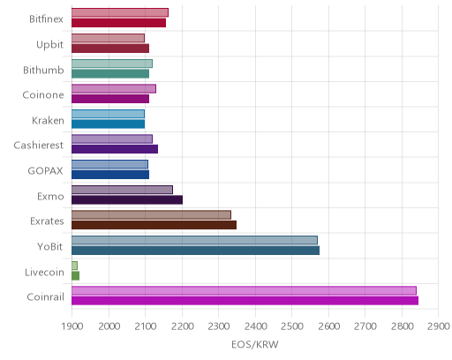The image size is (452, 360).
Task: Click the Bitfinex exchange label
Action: pyautogui.click(x=46, y=19)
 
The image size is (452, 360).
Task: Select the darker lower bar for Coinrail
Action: pyautogui.click(x=245, y=301)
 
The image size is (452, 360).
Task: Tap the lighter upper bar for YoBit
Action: pyautogui.click(x=194, y=240)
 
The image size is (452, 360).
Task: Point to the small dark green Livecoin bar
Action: pyautogui.click(x=75, y=275)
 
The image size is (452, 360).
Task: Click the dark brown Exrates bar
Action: pyautogui.click(x=154, y=225)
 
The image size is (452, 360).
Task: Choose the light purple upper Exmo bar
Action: pyautogui.click(x=122, y=190)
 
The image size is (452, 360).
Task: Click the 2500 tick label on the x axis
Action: pyautogui.click(x=291, y=326)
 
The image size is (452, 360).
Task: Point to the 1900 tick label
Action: pyautogui.click(x=72, y=326)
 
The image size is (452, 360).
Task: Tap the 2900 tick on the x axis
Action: pyautogui.click(x=439, y=326)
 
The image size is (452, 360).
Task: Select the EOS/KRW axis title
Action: pyautogui.click(x=255, y=344)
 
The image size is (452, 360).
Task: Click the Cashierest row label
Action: pyautogui.click(x=39, y=146)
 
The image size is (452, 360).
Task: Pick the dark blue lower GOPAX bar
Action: pyautogui.click(x=110, y=175)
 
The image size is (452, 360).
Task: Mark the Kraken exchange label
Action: pyautogui.click(x=48, y=120)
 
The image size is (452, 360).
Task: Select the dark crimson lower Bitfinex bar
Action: pyautogui.click(x=118, y=23)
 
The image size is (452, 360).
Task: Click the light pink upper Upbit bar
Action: pyautogui.click(x=108, y=38)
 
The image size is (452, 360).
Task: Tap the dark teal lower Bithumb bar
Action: pyautogui.click(x=110, y=73)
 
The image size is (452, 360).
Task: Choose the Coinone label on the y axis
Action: pyautogui.click(x=43, y=94)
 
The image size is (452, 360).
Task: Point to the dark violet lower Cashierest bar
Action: pyautogui.click(x=115, y=149)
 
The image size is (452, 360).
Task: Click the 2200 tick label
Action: pyautogui.click(x=182, y=326)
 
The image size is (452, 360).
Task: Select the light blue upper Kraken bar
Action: pyautogui.click(x=108, y=114)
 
